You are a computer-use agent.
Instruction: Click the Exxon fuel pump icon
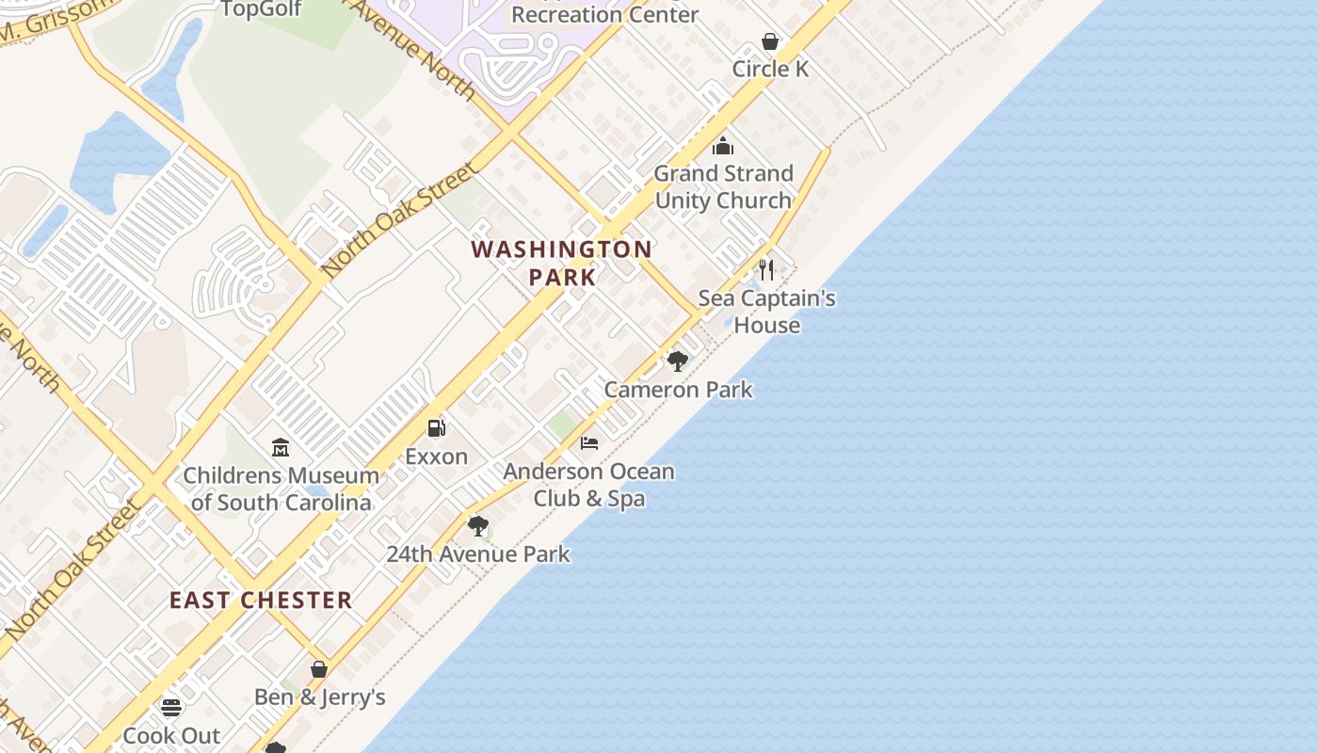click(x=436, y=428)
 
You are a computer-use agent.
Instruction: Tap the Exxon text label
click(x=436, y=457)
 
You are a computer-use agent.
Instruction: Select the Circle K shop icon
click(x=770, y=41)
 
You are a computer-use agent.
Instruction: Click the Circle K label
click(x=770, y=69)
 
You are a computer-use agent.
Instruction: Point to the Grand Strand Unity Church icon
click(x=723, y=146)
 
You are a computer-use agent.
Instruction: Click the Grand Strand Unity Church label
click(x=723, y=186)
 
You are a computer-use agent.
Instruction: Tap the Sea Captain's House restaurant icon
click(x=766, y=270)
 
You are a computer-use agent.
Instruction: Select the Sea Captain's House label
click(x=766, y=312)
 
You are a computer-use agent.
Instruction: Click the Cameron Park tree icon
click(x=677, y=361)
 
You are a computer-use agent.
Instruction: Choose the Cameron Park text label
click(x=678, y=390)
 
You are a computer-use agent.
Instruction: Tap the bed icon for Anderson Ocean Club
click(x=589, y=442)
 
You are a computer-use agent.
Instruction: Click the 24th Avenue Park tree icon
click(x=478, y=526)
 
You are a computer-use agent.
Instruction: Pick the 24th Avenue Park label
click(x=478, y=553)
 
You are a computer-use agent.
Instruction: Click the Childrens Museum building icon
click(x=281, y=447)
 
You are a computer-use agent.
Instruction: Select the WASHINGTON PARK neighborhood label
click(x=562, y=263)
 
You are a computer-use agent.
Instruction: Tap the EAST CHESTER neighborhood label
click(x=261, y=600)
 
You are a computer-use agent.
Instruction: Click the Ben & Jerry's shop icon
click(x=319, y=669)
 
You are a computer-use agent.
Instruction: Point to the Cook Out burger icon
click(x=170, y=707)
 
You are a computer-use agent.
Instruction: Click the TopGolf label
click(x=261, y=9)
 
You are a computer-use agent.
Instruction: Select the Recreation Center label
click(x=604, y=14)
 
